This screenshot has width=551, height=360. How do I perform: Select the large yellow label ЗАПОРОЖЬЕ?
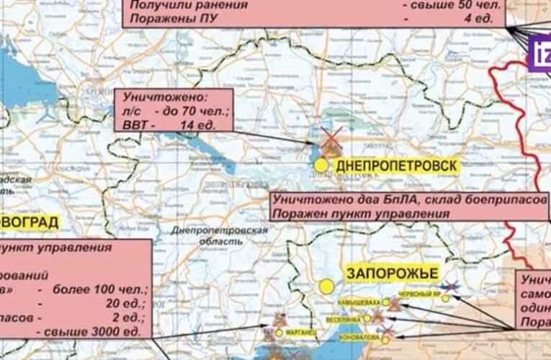pos(392,274)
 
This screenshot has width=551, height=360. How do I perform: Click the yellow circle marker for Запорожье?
pos(326,287)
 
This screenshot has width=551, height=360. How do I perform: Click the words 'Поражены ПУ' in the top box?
pos(165,19)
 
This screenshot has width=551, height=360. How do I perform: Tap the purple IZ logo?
pos(540,52)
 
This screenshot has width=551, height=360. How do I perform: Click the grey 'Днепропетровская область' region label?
pos(220,238)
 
